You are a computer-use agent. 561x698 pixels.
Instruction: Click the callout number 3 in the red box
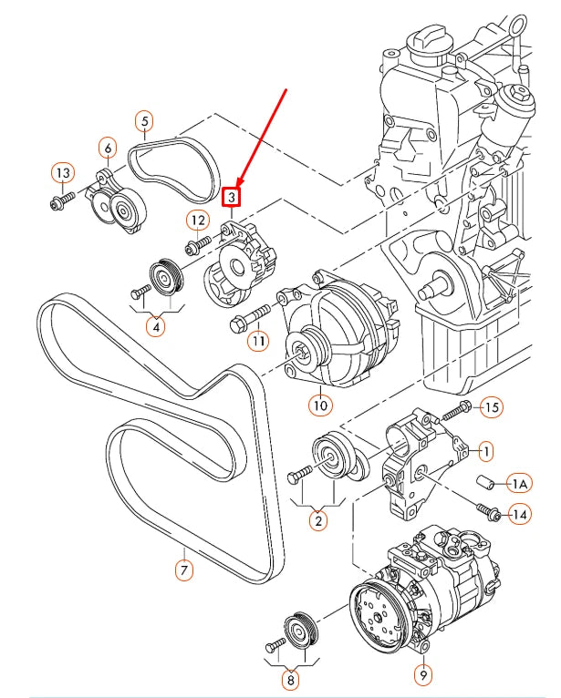pyautogui.click(x=233, y=197)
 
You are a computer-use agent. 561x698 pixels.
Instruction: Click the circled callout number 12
pyautogui.click(x=198, y=220)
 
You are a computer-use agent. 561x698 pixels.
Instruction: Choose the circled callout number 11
pyautogui.click(x=259, y=341)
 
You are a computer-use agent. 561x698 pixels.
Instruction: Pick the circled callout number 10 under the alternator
pyautogui.click(x=319, y=402)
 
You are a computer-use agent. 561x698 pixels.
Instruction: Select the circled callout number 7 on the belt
pyautogui.click(x=183, y=571)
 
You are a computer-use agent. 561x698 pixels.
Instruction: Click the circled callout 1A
pyautogui.click(x=519, y=483)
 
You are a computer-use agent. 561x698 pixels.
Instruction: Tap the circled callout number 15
pyautogui.click(x=492, y=407)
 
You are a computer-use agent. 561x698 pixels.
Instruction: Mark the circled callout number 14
pyautogui.click(x=519, y=516)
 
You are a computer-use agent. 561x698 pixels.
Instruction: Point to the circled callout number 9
pyautogui.click(x=423, y=675)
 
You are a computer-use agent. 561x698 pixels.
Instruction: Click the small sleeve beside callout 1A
pyautogui.click(x=485, y=483)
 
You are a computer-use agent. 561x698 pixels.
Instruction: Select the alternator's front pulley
pyautogui.click(x=302, y=347)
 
